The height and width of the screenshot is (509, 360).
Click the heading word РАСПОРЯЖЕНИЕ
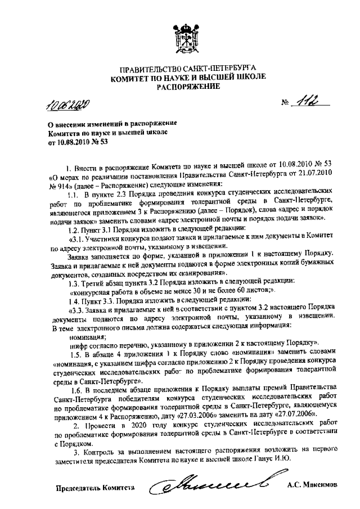(x=188, y=87)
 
